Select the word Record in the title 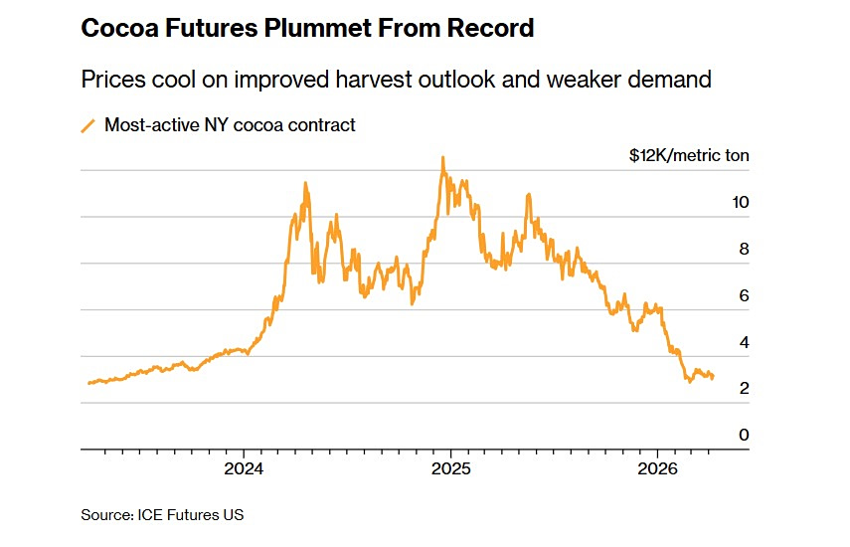click(x=491, y=29)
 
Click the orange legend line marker click(x=87, y=125)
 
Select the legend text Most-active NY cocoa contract click(x=230, y=125)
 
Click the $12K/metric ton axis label click(x=689, y=155)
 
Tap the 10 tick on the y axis click(x=740, y=202)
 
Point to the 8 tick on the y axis click(x=744, y=249)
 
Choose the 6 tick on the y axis click(x=744, y=295)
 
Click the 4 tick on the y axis click(x=744, y=342)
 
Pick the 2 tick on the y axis click(x=744, y=388)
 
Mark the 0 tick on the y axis click(x=744, y=435)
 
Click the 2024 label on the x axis click(x=244, y=468)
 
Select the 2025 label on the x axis click(x=450, y=468)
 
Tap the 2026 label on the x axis click(x=657, y=468)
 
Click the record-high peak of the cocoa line click(x=442, y=157)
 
